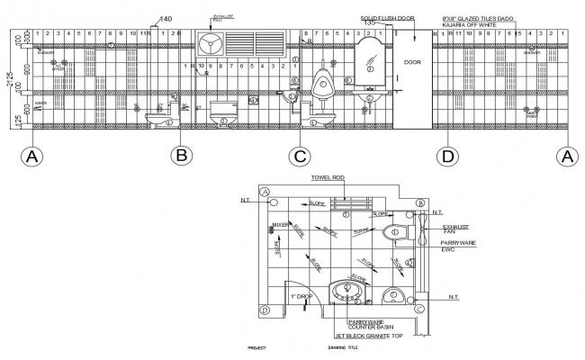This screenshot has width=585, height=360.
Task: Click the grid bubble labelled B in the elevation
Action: tap(183, 156)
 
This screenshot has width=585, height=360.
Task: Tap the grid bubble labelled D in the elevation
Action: tap(447, 156)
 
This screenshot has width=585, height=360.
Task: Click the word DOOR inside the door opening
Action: tap(412, 63)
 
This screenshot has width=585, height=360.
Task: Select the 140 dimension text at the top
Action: tap(165, 19)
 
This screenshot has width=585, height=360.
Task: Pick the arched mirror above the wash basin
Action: tap(369, 59)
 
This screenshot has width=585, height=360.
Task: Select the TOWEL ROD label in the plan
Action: tap(329, 178)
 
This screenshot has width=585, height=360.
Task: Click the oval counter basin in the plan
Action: tap(346, 291)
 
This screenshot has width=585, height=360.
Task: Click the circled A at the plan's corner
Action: tap(265, 192)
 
